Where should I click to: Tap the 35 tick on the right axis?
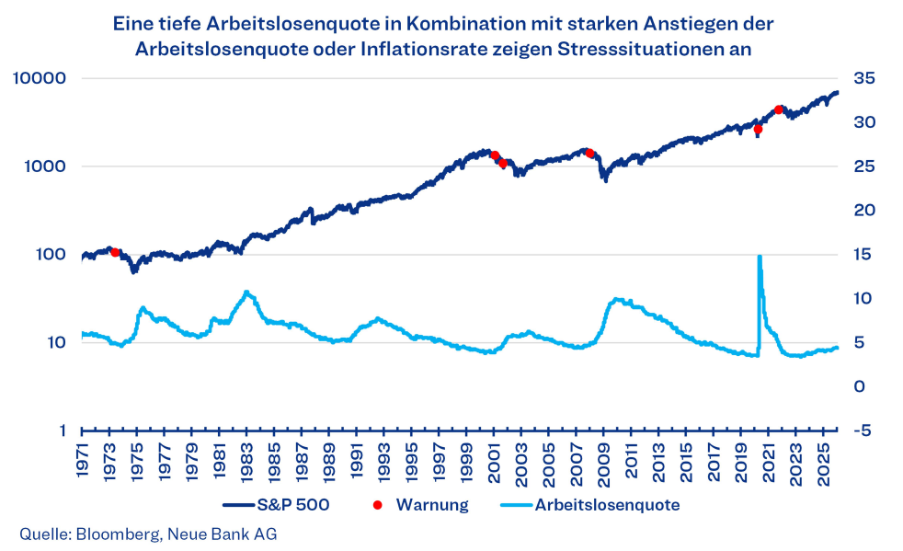pos(865,78)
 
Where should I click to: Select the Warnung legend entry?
pos(432,504)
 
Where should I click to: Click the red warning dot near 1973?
pos(115,252)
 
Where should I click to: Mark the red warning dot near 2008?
pos(589,154)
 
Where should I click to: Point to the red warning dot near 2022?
pos(779,109)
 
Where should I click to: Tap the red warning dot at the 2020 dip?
pos(758,130)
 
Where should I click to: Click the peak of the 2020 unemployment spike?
pos(760,258)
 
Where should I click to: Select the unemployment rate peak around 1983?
pos(246,293)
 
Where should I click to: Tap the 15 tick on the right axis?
pos(864,255)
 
